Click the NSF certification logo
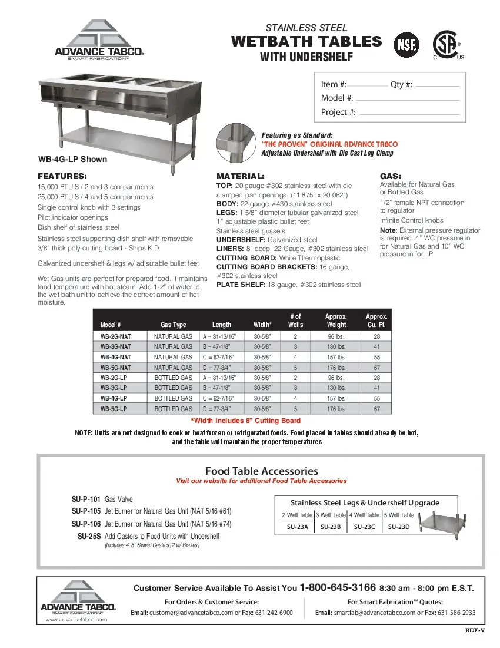[406, 45]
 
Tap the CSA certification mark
[446, 44]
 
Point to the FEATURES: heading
[62, 176]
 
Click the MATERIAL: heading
[240, 176]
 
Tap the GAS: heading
[391, 176]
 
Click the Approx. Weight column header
[336, 320]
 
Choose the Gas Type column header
[173, 325]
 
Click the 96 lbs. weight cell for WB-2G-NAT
[336, 336]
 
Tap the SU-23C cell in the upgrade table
[364, 527]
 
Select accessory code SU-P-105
[86, 511]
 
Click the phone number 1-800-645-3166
[338, 587]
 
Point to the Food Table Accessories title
[261, 471]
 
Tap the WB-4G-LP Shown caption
[72, 159]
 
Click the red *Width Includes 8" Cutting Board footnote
[245, 421]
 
